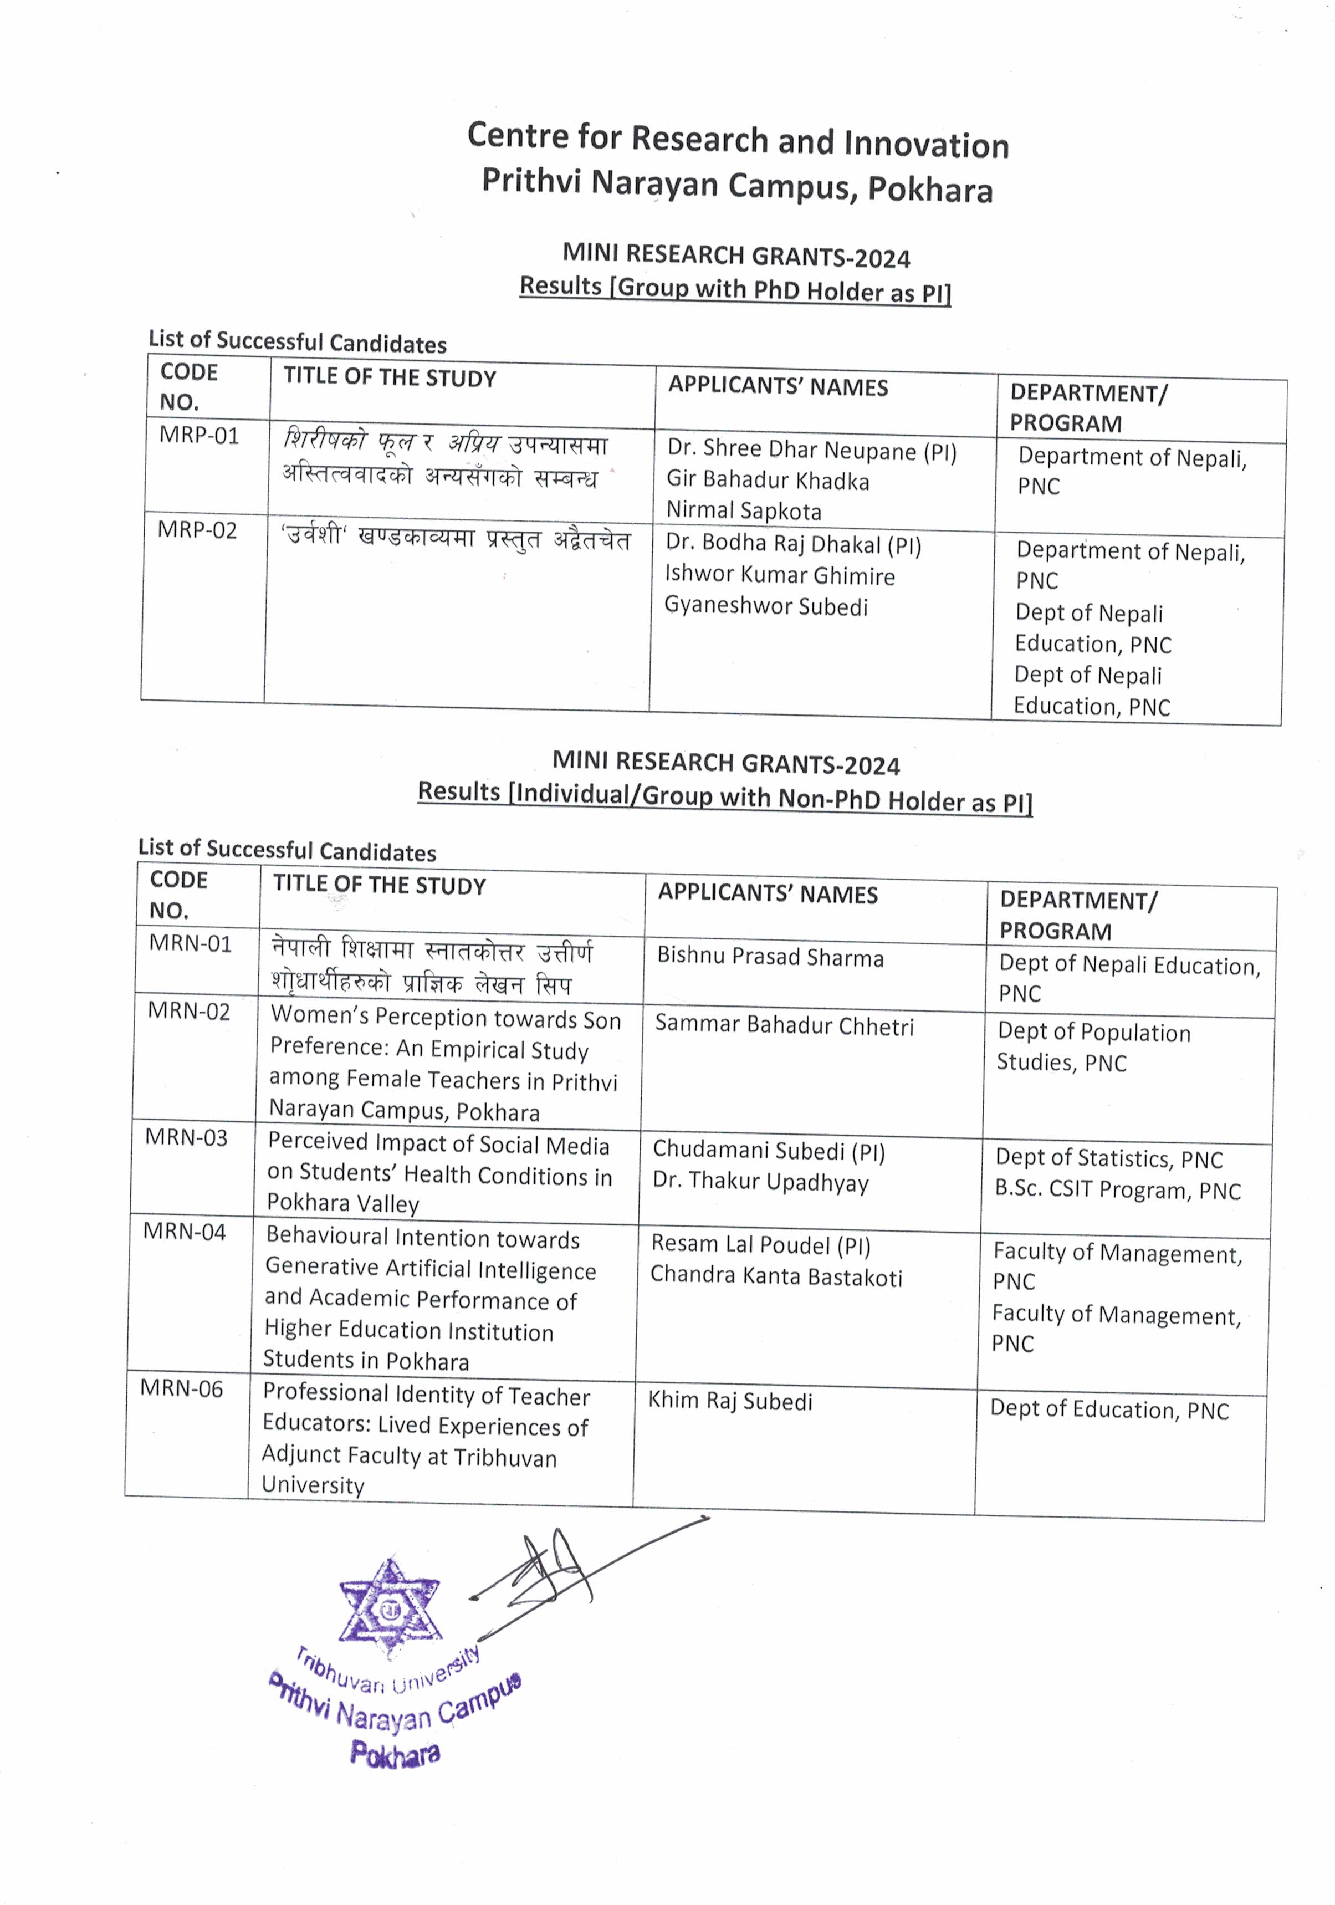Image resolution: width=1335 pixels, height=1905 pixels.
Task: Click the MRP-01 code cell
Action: click(x=199, y=436)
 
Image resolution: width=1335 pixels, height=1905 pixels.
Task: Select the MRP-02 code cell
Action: click(x=197, y=530)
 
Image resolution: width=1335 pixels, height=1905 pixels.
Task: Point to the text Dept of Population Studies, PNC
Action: click(x=1093, y=1047)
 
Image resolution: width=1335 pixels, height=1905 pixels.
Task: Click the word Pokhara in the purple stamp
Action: click(x=395, y=1753)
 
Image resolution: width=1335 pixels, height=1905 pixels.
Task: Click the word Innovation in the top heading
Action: click(x=926, y=144)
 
